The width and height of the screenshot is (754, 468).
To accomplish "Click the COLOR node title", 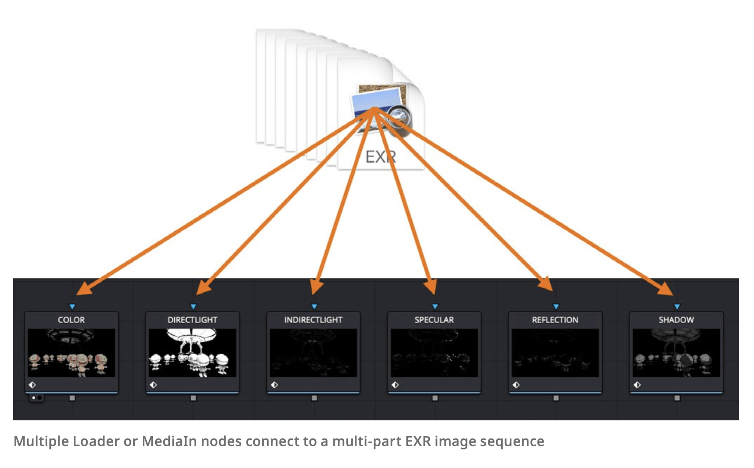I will click(x=71, y=320).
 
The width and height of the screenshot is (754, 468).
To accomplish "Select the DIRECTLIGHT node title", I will click(x=192, y=320).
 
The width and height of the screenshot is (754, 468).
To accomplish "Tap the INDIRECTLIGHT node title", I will click(x=313, y=320).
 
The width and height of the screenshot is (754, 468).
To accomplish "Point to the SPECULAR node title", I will click(x=434, y=320).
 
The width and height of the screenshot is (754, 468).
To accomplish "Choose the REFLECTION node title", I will click(x=555, y=320).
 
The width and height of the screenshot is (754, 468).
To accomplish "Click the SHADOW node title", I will click(x=676, y=320).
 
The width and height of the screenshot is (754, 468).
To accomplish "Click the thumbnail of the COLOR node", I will click(x=71, y=353).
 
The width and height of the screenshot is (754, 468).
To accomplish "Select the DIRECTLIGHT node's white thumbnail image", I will click(x=192, y=353).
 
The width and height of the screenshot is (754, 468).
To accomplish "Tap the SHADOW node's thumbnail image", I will click(x=676, y=353).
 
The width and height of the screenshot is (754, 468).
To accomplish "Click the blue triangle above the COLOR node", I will click(x=72, y=306).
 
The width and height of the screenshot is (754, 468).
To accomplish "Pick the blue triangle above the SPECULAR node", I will click(x=435, y=306).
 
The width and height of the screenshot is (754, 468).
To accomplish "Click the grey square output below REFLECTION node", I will click(x=556, y=398).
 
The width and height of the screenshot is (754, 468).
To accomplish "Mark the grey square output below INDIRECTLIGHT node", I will click(x=314, y=398).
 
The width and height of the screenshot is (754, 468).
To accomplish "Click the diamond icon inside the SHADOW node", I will click(x=637, y=385).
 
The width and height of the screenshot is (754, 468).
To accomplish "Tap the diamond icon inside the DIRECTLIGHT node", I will click(x=153, y=385).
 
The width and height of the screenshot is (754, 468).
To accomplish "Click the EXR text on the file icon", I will click(x=380, y=157).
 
